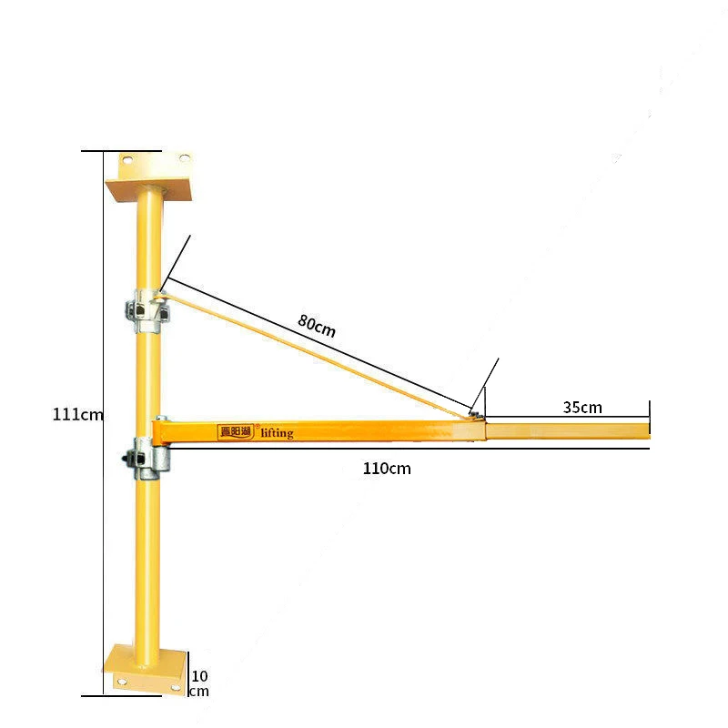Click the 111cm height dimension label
78,414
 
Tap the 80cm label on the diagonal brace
316,325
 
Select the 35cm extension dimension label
582,407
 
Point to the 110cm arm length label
386,469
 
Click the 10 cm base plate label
198,682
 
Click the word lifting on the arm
277,433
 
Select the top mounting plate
150,177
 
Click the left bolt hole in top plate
127,160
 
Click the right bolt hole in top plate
185,159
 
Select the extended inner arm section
568,432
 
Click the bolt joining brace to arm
474,414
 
